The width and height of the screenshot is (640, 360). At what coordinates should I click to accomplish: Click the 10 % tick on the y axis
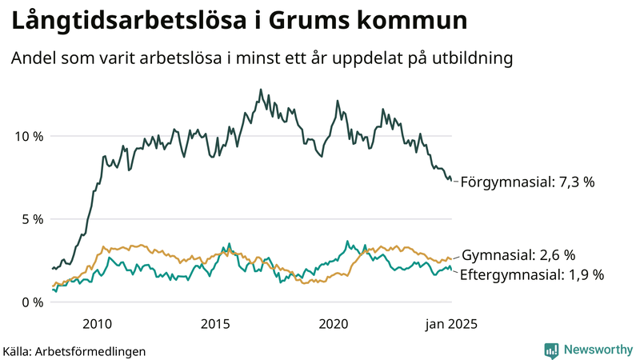click(x=27, y=136)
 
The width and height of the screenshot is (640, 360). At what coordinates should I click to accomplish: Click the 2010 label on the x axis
click(x=97, y=324)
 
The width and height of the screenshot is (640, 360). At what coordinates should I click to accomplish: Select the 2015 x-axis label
click(x=215, y=324)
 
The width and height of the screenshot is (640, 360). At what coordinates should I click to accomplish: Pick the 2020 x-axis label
click(x=334, y=324)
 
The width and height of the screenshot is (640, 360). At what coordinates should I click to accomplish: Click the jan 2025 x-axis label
click(x=451, y=324)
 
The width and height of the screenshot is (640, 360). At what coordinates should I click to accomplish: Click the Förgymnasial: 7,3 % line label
click(x=527, y=182)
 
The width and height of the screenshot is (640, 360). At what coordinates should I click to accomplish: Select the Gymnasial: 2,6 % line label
click(x=518, y=255)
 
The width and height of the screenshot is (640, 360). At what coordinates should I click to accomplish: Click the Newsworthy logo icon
click(x=551, y=350)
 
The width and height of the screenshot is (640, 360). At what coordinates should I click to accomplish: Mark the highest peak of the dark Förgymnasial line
click(x=260, y=90)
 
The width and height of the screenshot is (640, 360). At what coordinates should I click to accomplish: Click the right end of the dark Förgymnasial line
click(x=452, y=180)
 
